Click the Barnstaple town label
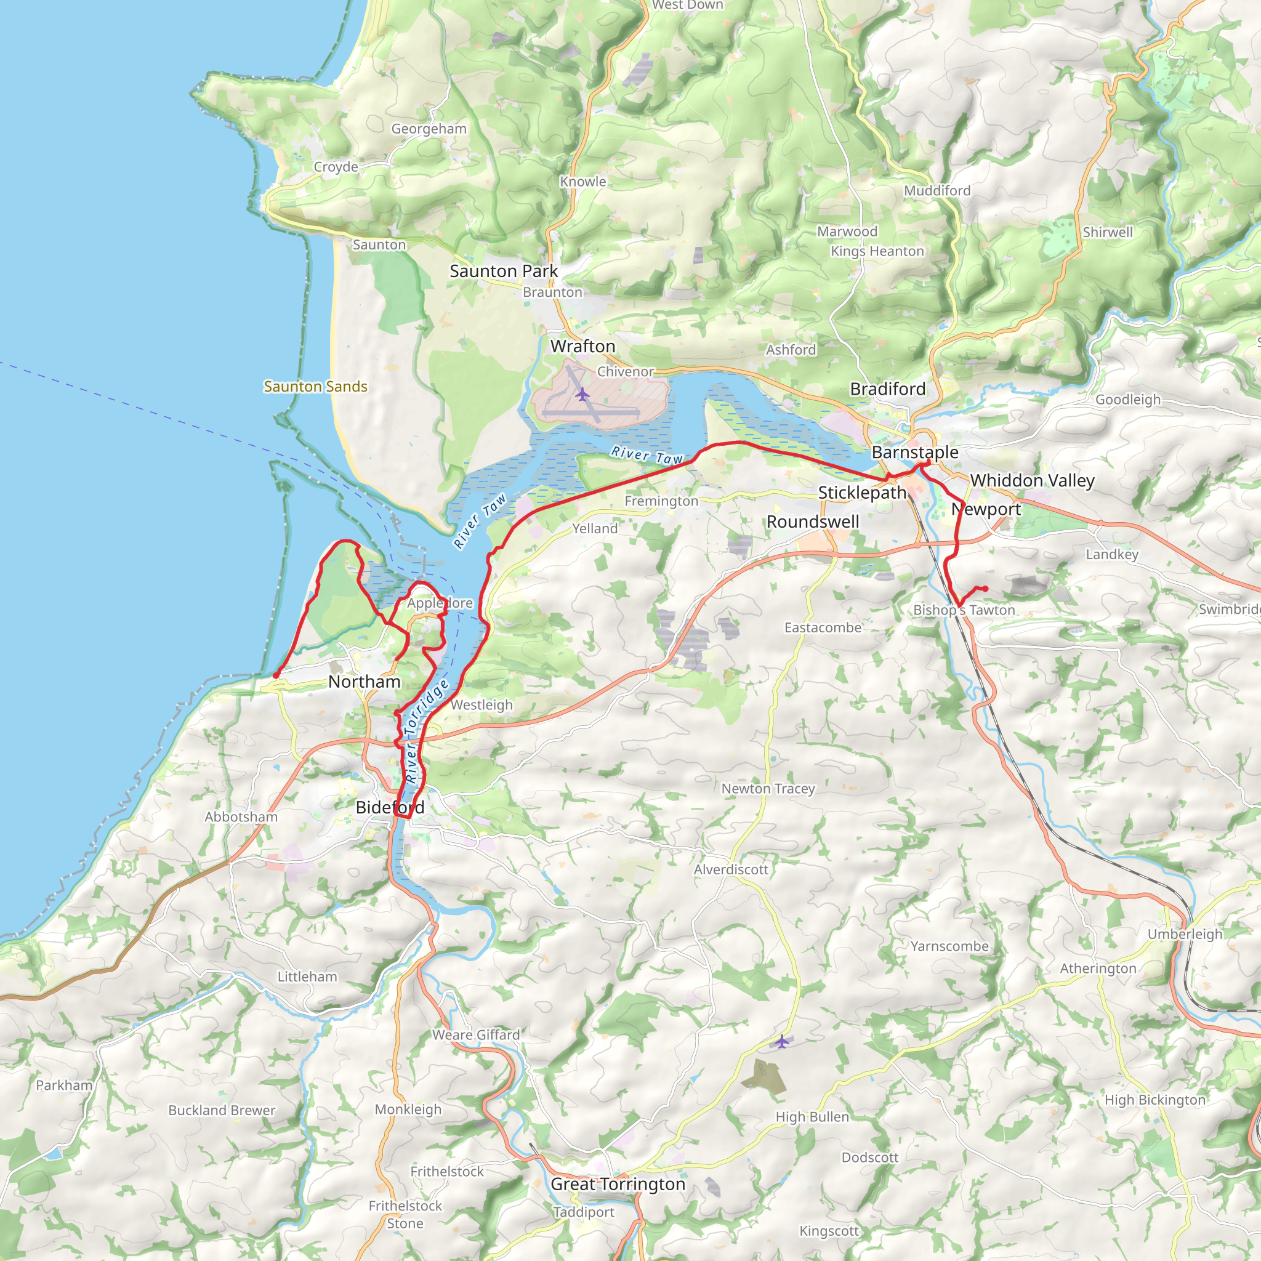(x=915, y=453)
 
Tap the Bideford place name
(x=390, y=807)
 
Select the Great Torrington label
(x=618, y=1184)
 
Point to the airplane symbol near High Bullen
(x=782, y=1042)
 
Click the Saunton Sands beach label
(x=315, y=387)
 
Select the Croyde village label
(x=336, y=166)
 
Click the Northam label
(x=365, y=682)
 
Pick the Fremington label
(x=661, y=501)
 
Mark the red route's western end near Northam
(x=276, y=675)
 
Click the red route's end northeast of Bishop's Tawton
(x=985, y=589)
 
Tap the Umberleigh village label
(x=1185, y=933)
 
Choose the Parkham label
(x=64, y=1085)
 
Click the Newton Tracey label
(x=768, y=789)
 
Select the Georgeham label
(x=429, y=129)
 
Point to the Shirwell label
(x=1108, y=232)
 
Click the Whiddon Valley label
(x=1032, y=480)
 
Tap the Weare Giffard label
(x=476, y=1034)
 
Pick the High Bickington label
(x=1154, y=1100)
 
